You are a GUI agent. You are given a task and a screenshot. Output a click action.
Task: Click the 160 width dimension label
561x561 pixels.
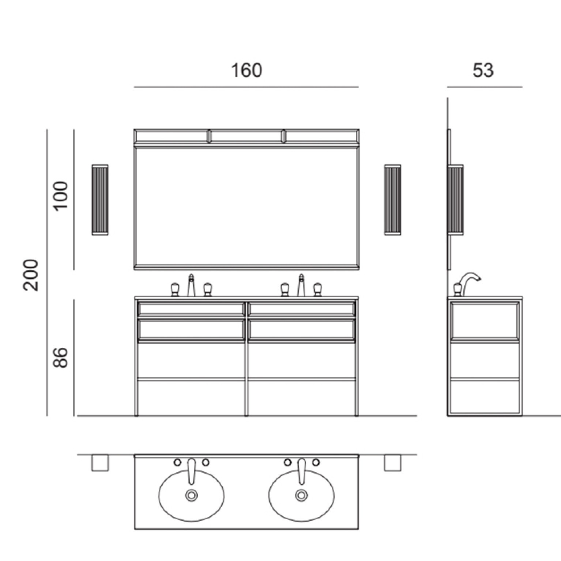coord(246,70)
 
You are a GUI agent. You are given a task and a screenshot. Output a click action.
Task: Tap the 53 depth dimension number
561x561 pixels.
coord(483,70)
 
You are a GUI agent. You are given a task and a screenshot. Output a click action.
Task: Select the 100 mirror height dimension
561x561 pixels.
coord(61,195)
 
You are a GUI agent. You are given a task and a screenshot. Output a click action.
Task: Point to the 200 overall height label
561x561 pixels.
coord(31,275)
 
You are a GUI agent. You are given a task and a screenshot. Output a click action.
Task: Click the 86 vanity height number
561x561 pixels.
coord(61,357)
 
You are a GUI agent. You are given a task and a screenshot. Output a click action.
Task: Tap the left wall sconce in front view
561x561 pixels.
coord(100,200)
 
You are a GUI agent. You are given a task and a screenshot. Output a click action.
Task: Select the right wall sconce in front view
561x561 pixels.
coord(392,200)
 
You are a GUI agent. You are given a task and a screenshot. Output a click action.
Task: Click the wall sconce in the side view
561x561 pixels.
coord(456,200)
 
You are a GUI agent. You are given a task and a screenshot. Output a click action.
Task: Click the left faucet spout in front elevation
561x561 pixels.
coord(191,285)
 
